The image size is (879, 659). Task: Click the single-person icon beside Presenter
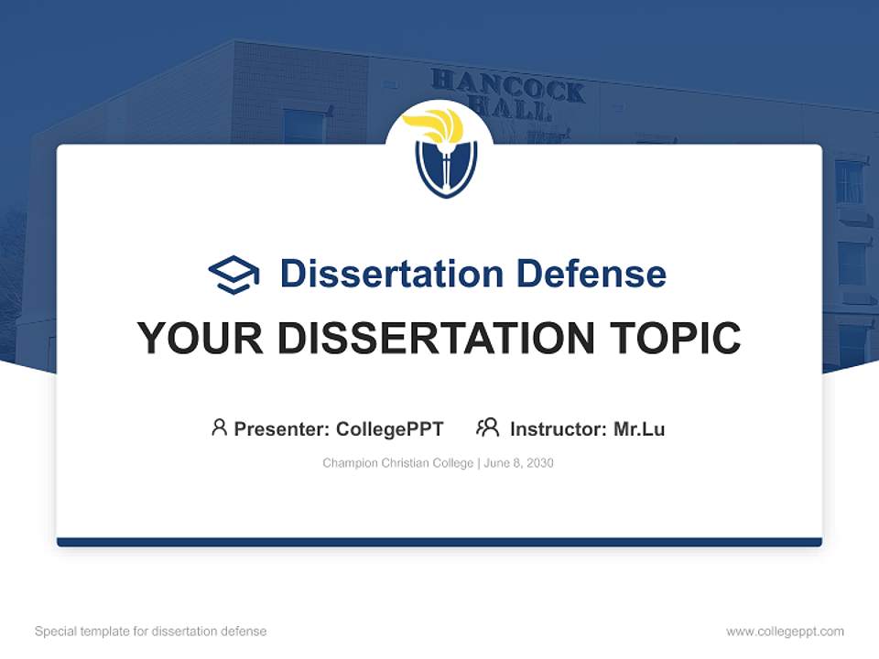pyautogui.click(x=219, y=427)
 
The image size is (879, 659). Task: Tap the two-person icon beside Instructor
pyautogui.click(x=488, y=427)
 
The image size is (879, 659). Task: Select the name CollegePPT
pyautogui.click(x=389, y=428)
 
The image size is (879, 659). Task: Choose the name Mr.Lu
pyautogui.click(x=639, y=428)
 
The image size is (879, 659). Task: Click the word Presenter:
pyautogui.click(x=282, y=428)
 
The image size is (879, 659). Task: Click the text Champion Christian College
pyautogui.click(x=397, y=463)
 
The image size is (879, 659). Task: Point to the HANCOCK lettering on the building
pyautogui.click(x=508, y=85)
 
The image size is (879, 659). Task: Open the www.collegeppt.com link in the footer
pyautogui.click(x=785, y=632)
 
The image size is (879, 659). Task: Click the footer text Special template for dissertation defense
pyautogui.click(x=150, y=632)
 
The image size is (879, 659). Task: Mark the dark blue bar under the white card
pyautogui.click(x=439, y=542)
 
